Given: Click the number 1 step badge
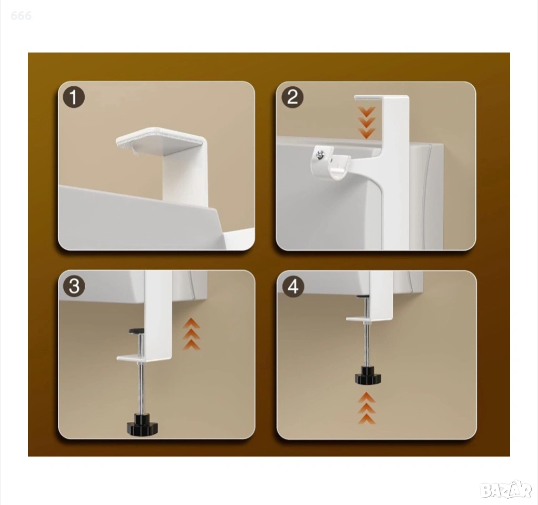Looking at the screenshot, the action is pyautogui.click(x=74, y=97).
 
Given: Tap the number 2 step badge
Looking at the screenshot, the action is pyautogui.click(x=292, y=97).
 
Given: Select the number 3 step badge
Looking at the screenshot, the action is pyautogui.click(x=74, y=286).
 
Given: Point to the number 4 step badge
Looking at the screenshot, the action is pyautogui.click(x=293, y=286).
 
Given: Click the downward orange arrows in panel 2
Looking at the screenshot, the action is pyautogui.click(x=367, y=123).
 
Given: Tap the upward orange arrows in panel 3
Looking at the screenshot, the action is pyautogui.click(x=191, y=334).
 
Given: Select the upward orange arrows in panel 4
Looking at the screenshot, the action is pyautogui.click(x=367, y=409).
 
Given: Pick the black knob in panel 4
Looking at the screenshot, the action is pyautogui.click(x=368, y=375).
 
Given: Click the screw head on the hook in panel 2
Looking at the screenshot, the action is pyautogui.click(x=320, y=155).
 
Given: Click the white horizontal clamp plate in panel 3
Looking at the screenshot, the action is pyautogui.click(x=144, y=358).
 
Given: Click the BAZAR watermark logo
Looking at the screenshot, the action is pyautogui.click(x=506, y=490).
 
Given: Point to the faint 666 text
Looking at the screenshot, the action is pyautogui.click(x=21, y=15).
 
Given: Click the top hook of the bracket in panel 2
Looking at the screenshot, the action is pyautogui.click(x=381, y=99).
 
